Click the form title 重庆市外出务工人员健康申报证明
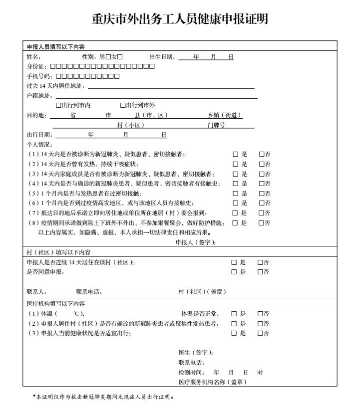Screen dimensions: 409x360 pos(180,19)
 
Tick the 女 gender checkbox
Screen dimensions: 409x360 pos(120,56)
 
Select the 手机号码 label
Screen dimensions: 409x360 pos(40,76)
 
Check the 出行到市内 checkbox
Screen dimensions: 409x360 pos(58,105)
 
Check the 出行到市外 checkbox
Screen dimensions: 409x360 pos(123,105)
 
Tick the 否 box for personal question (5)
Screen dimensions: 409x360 pos(261,193)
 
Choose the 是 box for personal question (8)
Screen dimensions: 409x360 pos(235,222)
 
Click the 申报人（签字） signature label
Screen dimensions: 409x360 pos(196,242)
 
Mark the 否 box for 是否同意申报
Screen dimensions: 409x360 pos(260,272)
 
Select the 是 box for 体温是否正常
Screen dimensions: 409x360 pos(234,314)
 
